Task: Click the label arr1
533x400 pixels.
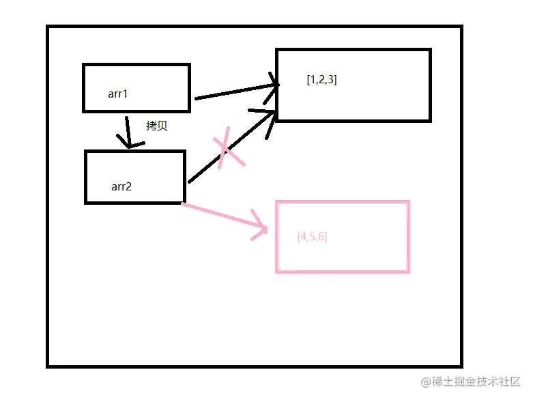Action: tap(117, 94)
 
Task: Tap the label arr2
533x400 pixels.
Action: tap(121, 186)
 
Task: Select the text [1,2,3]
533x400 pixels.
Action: tap(321, 80)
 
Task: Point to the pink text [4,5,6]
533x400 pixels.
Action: tap(312, 237)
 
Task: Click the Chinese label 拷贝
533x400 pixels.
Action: tap(156, 126)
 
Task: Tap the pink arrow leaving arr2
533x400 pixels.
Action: tap(218, 214)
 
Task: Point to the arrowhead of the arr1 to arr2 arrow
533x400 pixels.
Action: tap(130, 144)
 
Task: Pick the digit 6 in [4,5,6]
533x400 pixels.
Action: tap(321, 237)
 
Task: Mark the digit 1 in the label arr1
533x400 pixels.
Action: tap(125, 94)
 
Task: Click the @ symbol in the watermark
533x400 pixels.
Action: tap(425, 382)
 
